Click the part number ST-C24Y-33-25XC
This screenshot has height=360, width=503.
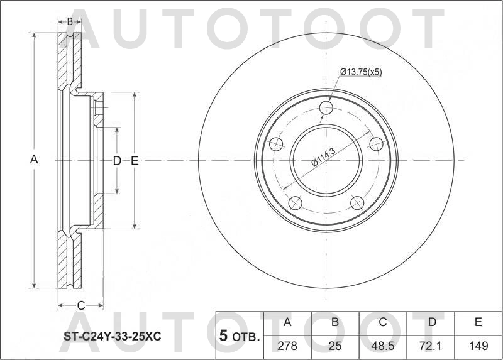pyautogui.click(x=112, y=337)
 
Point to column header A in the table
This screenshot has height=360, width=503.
pyautogui.click(x=288, y=322)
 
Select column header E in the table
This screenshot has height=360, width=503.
pyautogui.click(x=478, y=322)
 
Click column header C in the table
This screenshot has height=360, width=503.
pyautogui.click(x=382, y=322)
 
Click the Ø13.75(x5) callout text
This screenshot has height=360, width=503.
pyautogui.click(x=361, y=72)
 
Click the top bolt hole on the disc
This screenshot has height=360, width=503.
pyautogui.click(x=326, y=108)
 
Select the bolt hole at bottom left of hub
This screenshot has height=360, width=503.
pyautogui.click(x=294, y=203)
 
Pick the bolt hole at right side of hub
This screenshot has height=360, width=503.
pyautogui.click(x=376, y=144)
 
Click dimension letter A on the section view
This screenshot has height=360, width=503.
pyautogui.click(x=35, y=160)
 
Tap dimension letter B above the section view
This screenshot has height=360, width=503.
pyautogui.click(x=70, y=21)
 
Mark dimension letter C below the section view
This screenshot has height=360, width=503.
pyautogui.click(x=80, y=305)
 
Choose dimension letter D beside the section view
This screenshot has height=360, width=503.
pyautogui.click(x=116, y=161)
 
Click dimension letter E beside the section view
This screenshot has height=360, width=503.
pyautogui.click(x=135, y=161)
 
